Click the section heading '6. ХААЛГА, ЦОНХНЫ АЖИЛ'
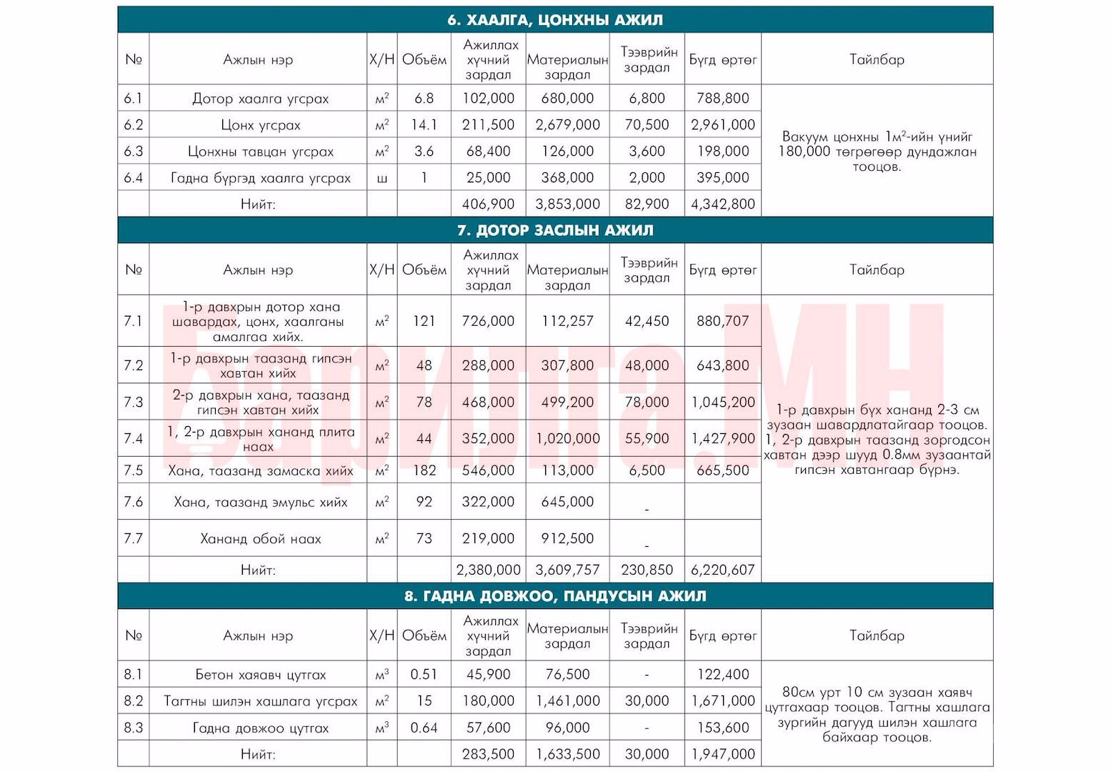(x=555, y=20)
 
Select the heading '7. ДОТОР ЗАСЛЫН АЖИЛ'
(x=555, y=230)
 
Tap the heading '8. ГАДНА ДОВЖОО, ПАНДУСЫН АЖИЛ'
(x=555, y=596)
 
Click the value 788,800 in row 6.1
(x=722, y=99)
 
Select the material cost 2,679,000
(x=567, y=125)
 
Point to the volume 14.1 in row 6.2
(x=424, y=125)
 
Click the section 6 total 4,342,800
(x=722, y=204)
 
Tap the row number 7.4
(x=134, y=438)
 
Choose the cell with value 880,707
(x=722, y=321)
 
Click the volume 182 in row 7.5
(x=424, y=470)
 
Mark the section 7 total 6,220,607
(x=722, y=570)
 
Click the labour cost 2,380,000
(x=488, y=570)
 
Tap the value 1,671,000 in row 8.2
(x=722, y=701)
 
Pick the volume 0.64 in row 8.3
(x=424, y=728)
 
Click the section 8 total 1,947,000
(x=722, y=754)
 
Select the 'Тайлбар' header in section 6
(x=877, y=59)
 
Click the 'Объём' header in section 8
(x=424, y=635)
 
